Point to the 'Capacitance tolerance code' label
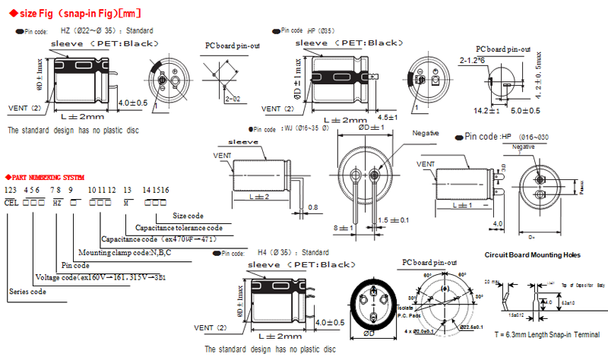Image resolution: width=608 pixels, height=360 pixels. tap(179, 227)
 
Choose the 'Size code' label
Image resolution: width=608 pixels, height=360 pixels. tap(189, 215)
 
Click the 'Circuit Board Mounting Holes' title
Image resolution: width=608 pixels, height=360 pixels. tap(532, 255)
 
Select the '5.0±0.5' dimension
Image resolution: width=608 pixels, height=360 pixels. tap(527, 111)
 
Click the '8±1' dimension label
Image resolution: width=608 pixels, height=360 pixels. tap(344, 228)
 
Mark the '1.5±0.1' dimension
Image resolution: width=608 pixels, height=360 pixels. tap(394, 220)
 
